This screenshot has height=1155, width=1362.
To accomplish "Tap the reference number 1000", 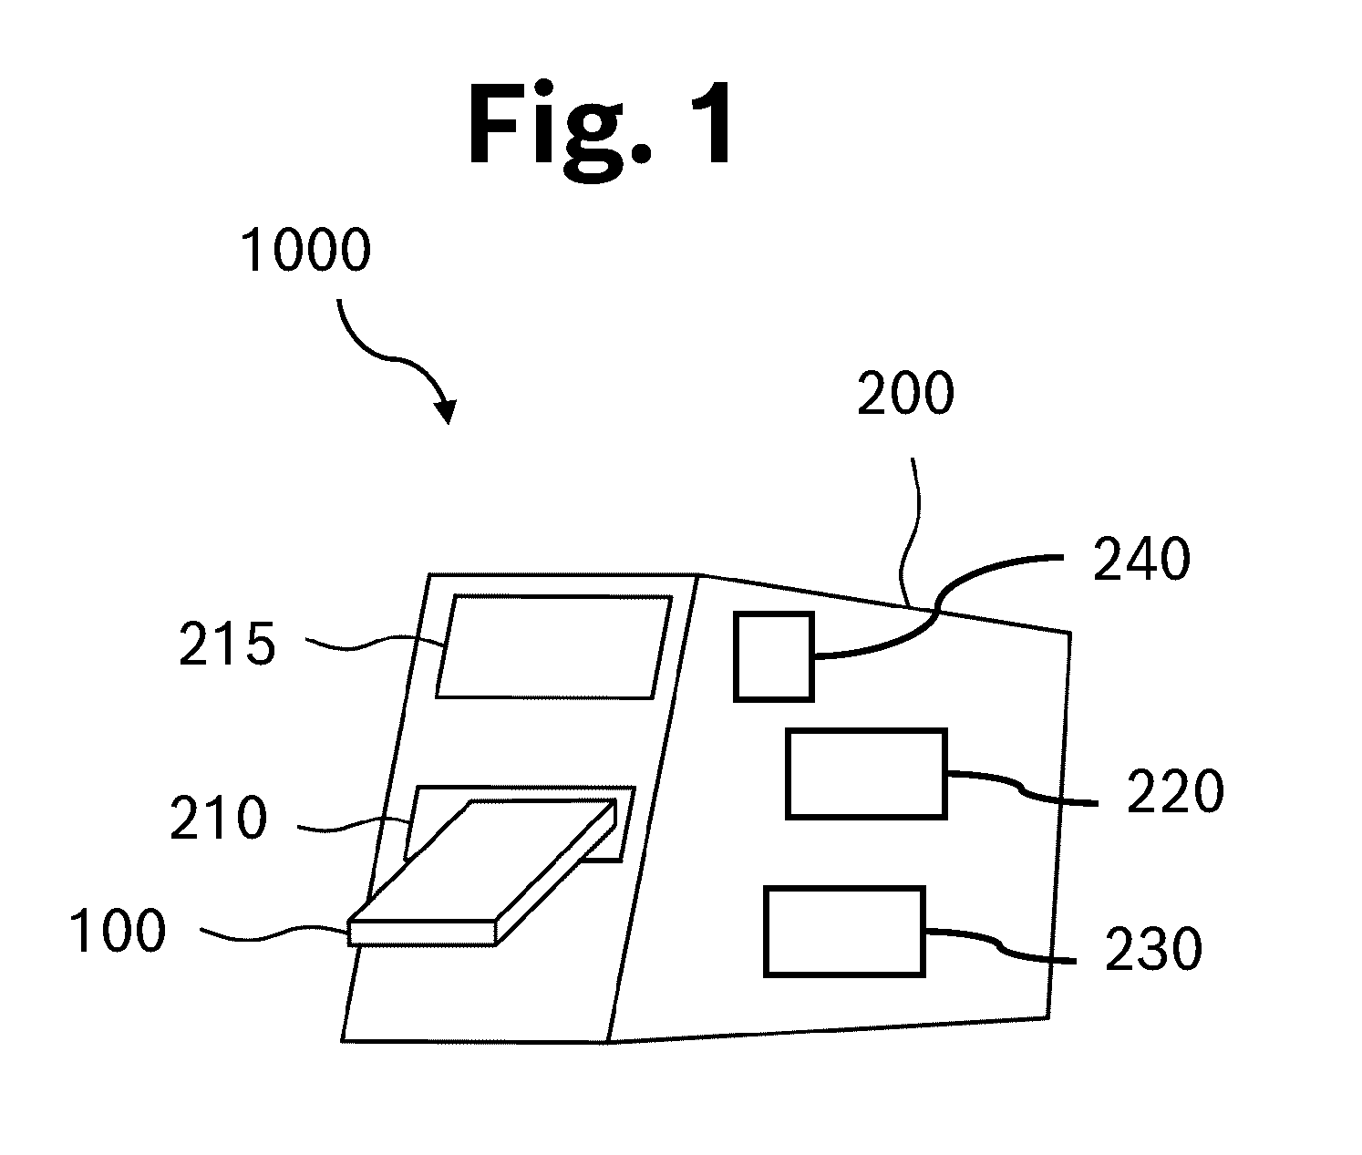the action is pos(305,250).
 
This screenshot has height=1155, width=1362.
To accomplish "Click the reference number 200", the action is pos(905,393).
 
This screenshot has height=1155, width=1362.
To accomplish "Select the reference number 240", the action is pos(1141,559).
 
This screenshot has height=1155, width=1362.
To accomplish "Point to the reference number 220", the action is pos(1175,791).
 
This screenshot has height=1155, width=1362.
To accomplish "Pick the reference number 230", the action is pos(1153,949).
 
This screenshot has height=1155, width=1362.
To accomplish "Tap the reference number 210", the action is pos(218,818).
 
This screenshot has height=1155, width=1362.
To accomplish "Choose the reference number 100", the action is pos(118,931).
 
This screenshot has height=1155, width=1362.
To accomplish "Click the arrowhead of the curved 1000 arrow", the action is pos(447,411).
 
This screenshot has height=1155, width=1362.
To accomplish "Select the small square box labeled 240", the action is pos(774,656).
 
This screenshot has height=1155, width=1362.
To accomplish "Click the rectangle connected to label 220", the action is pos(866,774).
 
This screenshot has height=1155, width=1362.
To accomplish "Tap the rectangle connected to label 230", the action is pos(845,932).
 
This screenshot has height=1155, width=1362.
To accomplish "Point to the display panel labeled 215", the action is pos(554,646).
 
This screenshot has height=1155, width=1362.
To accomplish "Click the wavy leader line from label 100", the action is pos(274,933).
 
